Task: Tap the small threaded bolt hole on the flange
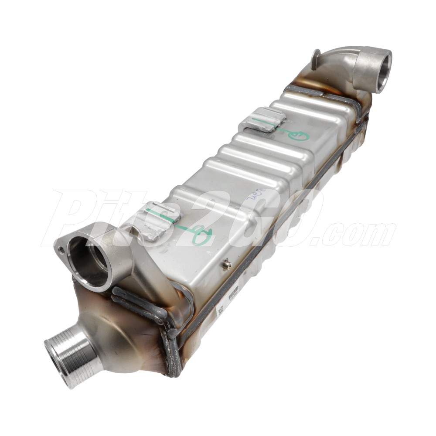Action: coord(61,250)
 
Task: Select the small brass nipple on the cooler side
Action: coord(225,264)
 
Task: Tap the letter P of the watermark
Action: coord(72,218)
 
